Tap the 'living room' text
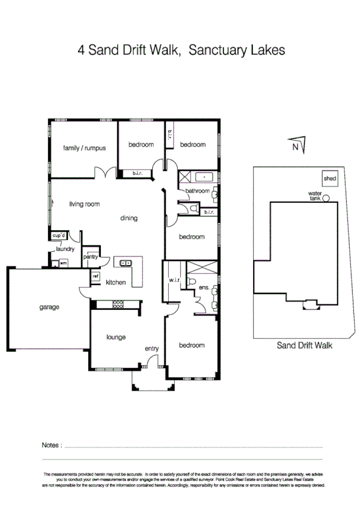[x=84, y=204]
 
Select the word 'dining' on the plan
[x=129, y=218]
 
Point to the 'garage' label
[x=49, y=307]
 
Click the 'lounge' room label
[x=115, y=337]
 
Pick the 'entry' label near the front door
[x=151, y=349]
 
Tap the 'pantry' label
[x=91, y=257]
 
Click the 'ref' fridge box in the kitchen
[x=95, y=276]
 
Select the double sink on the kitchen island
[x=126, y=263]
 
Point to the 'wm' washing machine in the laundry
[x=63, y=263]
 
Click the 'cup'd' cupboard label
[x=59, y=235]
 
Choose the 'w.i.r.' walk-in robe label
[x=175, y=280]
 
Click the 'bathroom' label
[x=197, y=191]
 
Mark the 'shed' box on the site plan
[x=329, y=179]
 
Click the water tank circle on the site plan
[x=326, y=198]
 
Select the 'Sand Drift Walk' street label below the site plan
[x=304, y=346]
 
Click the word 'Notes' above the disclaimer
[x=51, y=446]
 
